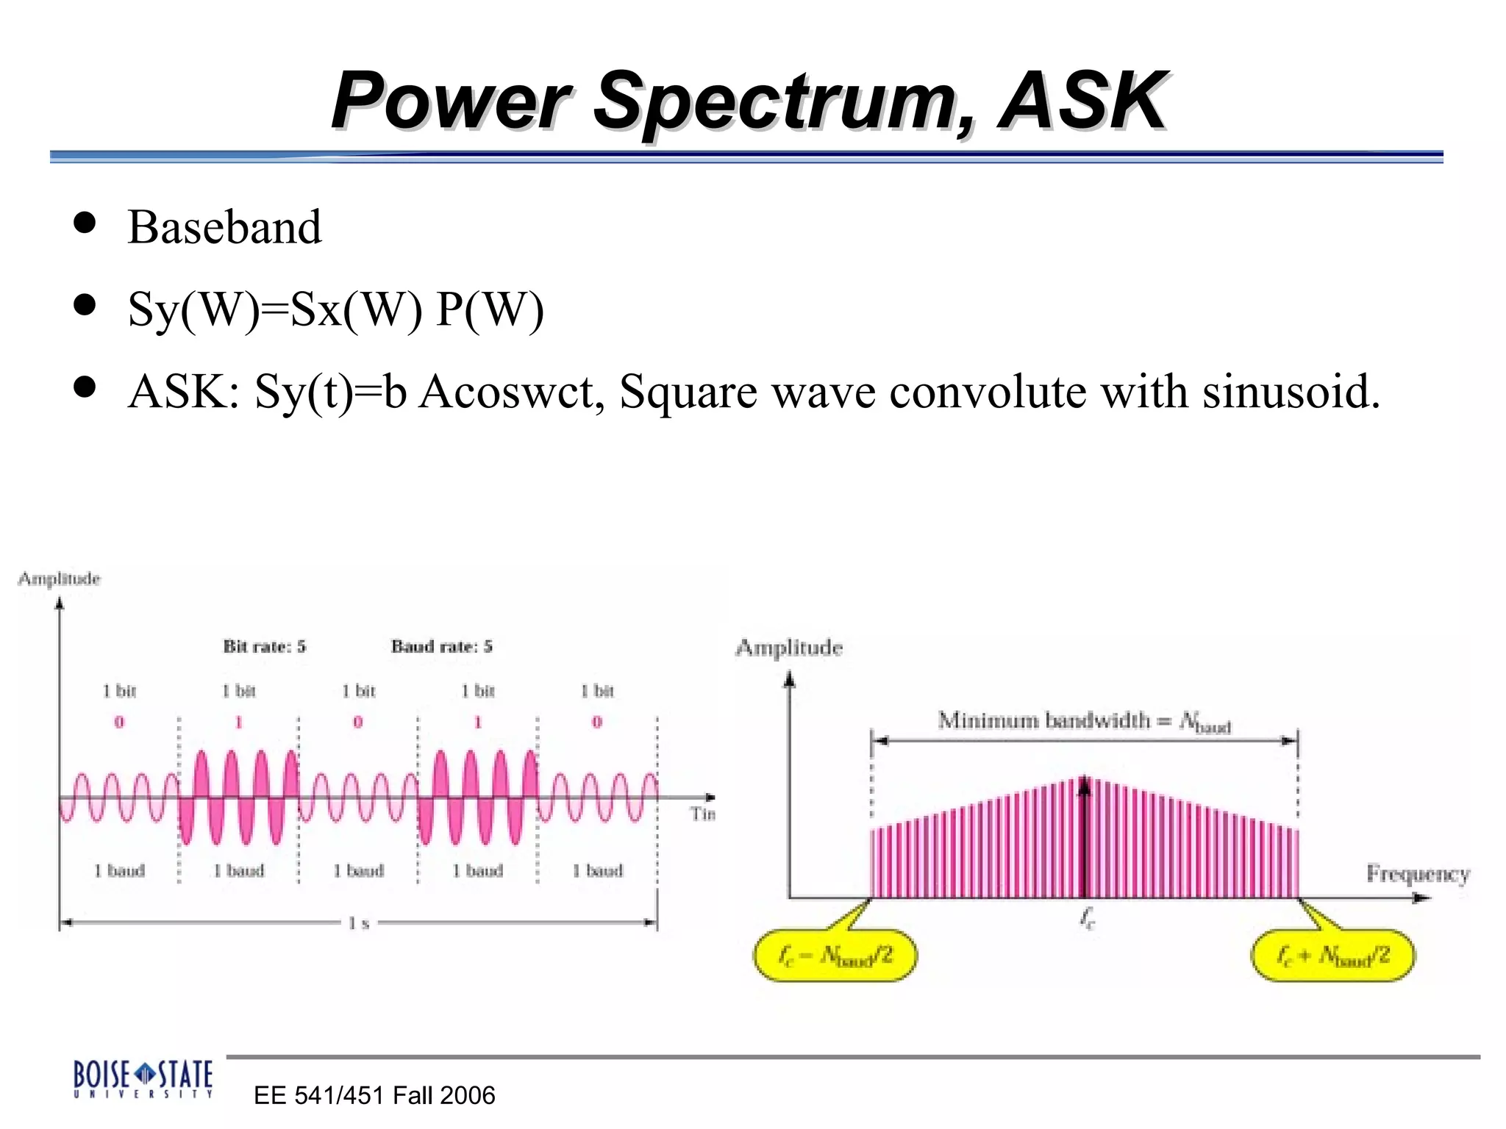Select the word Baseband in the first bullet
click(x=224, y=227)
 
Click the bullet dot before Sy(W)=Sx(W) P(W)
click(x=85, y=305)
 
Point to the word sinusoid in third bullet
click(x=1291, y=391)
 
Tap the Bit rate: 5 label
click(x=265, y=647)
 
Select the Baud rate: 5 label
click(x=441, y=647)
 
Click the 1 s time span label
click(x=359, y=923)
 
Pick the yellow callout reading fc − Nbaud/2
click(x=835, y=956)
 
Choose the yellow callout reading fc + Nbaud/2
click(x=1332, y=956)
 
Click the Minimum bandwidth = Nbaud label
click(x=1084, y=721)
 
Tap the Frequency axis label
click(x=1418, y=873)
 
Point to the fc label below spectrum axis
click(x=1088, y=918)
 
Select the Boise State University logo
click(x=143, y=1078)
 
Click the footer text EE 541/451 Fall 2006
click(x=374, y=1095)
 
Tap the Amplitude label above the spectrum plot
click(x=789, y=648)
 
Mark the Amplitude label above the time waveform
click(x=59, y=579)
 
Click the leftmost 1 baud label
click(x=119, y=871)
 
